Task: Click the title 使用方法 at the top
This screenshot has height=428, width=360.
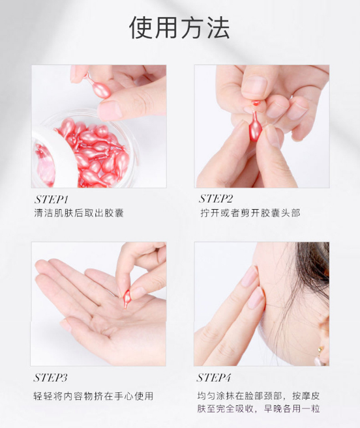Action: pyautogui.click(x=179, y=27)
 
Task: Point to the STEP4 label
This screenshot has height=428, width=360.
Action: pyautogui.click(x=216, y=378)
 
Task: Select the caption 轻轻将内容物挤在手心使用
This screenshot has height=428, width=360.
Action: pyautogui.click(x=93, y=395)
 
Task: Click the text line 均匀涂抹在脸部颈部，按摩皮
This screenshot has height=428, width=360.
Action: pyautogui.click(x=258, y=395)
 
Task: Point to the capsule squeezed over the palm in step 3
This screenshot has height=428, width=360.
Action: pyautogui.click(x=127, y=298)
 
